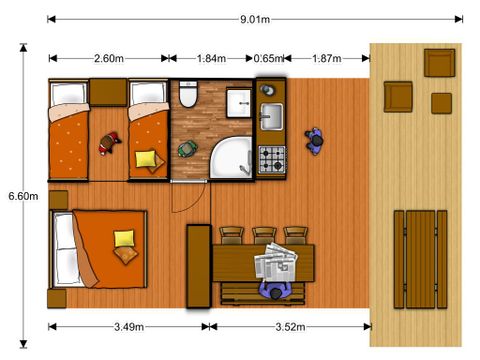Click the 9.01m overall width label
click(x=255, y=19)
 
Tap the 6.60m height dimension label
click(x=23, y=196)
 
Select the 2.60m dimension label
click(x=109, y=59)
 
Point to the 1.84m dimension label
click(x=211, y=59)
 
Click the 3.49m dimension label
click(x=129, y=327)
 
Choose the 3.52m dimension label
click(x=290, y=327)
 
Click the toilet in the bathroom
click(x=188, y=94)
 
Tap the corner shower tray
click(x=232, y=157)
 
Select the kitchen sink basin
click(x=272, y=116)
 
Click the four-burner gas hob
click(x=272, y=159)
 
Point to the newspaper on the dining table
click(x=276, y=262)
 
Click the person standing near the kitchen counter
click(x=314, y=141)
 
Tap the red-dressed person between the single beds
click(x=109, y=144)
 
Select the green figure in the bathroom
click(x=187, y=149)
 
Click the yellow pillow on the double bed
click(x=124, y=238)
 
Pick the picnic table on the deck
click(x=420, y=259)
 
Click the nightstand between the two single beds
click(x=108, y=92)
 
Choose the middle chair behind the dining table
click(x=264, y=236)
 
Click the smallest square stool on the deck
click(x=441, y=103)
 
